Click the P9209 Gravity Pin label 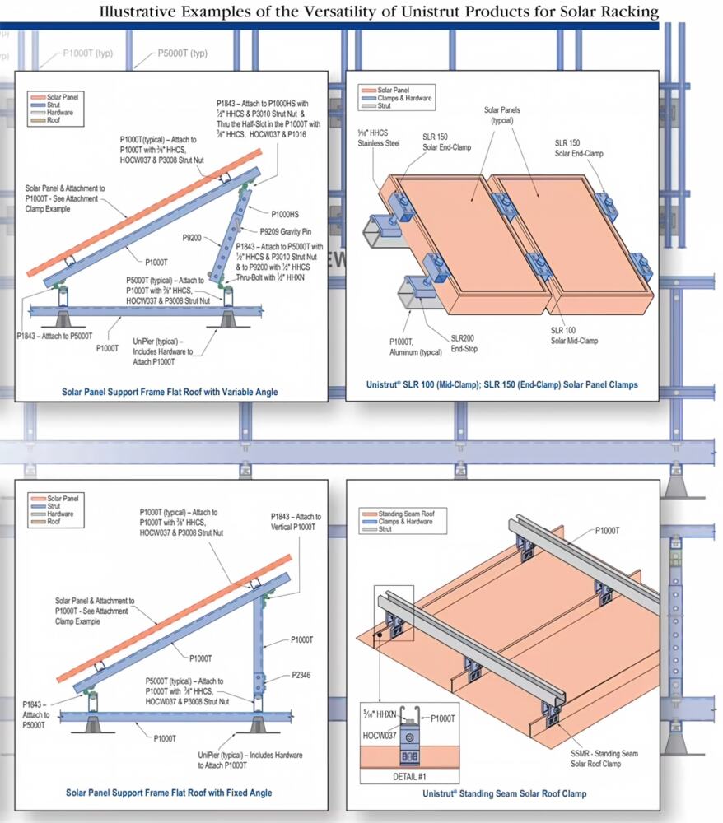(x=285, y=231)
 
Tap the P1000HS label (x=285, y=214)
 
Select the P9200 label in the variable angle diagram (x=192, y=238)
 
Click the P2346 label (x=301, y=675)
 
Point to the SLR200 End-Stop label (x=464, y=343)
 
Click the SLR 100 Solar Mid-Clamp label (x=574, y=336)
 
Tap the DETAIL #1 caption (x=409, y=776)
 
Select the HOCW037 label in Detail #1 (x=380, y=735)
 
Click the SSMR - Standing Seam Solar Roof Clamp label (x=604, y=759)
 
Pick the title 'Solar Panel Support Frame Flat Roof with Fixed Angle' (x=169, y=793)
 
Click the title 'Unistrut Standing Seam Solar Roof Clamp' (x=504, y=793)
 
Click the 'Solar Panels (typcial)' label (x=502, y=115)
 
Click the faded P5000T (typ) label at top (x=182, y=53)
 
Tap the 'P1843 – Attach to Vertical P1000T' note (x=296, y=522)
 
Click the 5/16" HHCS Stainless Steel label (x=379, y=137)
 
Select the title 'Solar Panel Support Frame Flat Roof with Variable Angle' (x=170, y=392)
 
